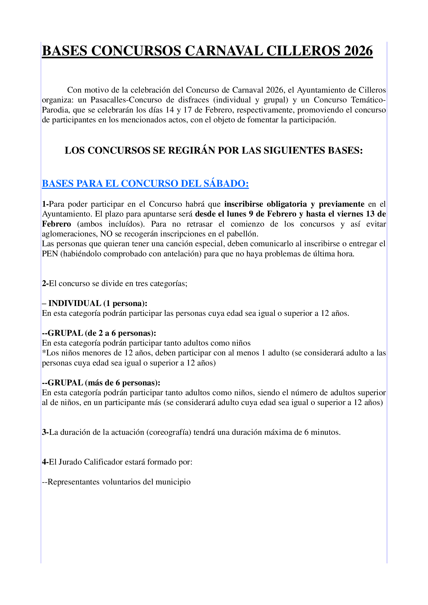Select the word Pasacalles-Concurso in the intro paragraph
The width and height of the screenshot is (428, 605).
(x=126, y=100)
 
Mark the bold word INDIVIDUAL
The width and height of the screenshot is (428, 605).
(x=75, y=303)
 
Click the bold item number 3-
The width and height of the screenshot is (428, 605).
(x=45, y=432)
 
